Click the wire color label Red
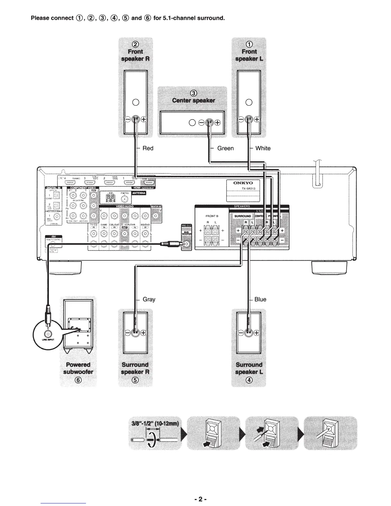[x=148, y=148]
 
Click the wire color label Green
[x=225, y=148]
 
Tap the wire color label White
[x=263, y=148]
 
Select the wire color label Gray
[x=149, y=299]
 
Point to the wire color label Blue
[x=260, y=299]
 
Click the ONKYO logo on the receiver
[x=243, y=183]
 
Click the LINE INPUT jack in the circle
[x=47, y=334]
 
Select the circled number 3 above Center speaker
[x=193, y=93]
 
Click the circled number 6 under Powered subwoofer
[x=78, y=380]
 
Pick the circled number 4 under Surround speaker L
[x=249, y=380]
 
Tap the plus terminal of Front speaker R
[x=144, y=119]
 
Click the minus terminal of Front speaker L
[x=241, y=119]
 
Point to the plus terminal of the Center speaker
[x=218, y=123]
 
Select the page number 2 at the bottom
[x=198, y=499]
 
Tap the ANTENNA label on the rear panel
[x=139, y=193]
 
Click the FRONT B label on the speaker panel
[x=212, y=216]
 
